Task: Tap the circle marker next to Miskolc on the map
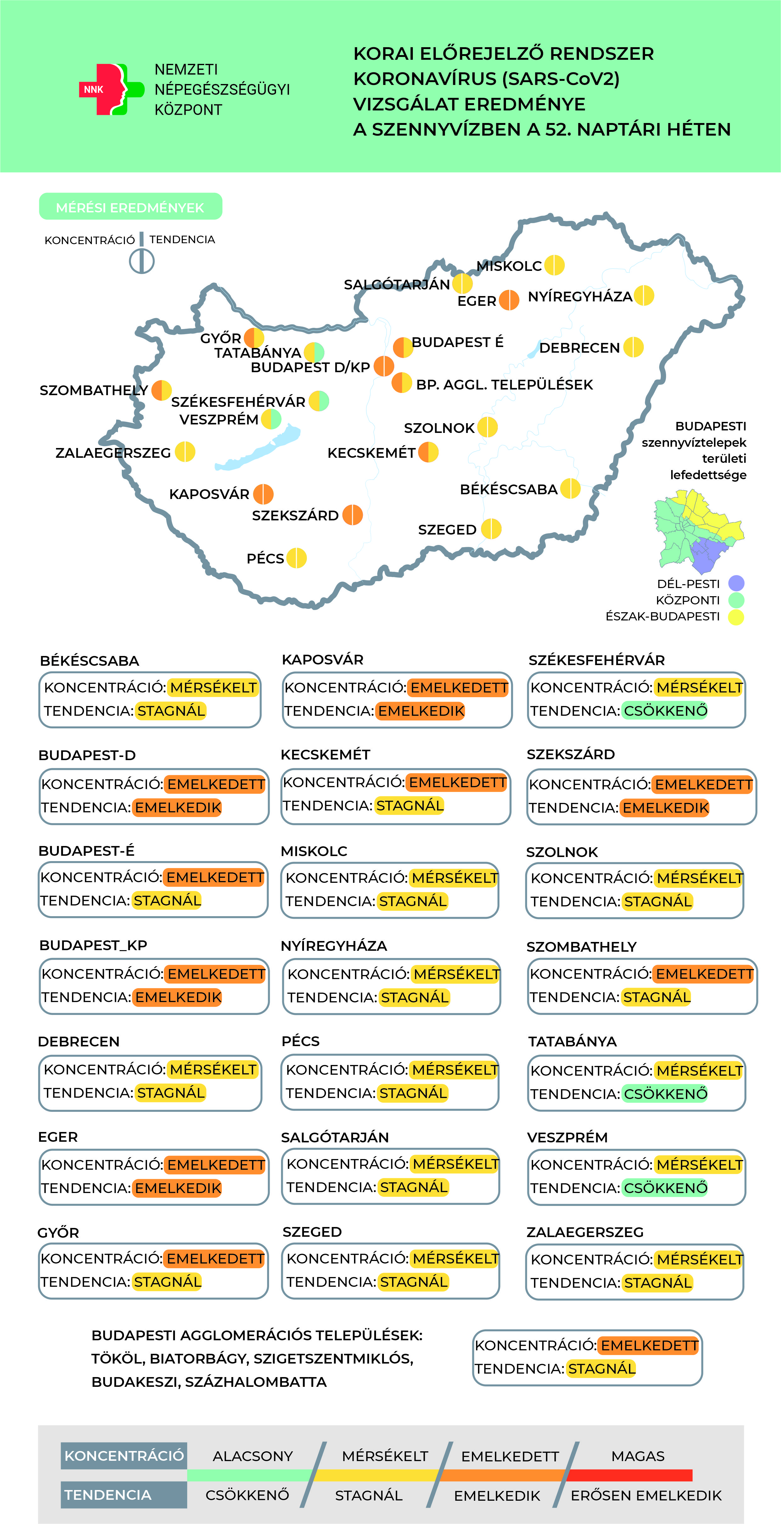[x=554, y=265]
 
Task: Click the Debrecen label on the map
[x=579, y=348]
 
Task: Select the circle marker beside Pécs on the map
[x=296, y=558]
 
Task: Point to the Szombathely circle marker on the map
[x=161, y=390]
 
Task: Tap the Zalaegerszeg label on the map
[x=113, y=453]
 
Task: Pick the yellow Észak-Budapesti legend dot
[x=736, y=617]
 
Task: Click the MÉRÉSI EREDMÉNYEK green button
[x=130, y=207]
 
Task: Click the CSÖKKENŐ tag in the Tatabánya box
[x=665, y=1094]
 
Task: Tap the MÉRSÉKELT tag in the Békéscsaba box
[x=213, y=687]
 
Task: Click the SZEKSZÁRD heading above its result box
[x=570, y=754]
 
